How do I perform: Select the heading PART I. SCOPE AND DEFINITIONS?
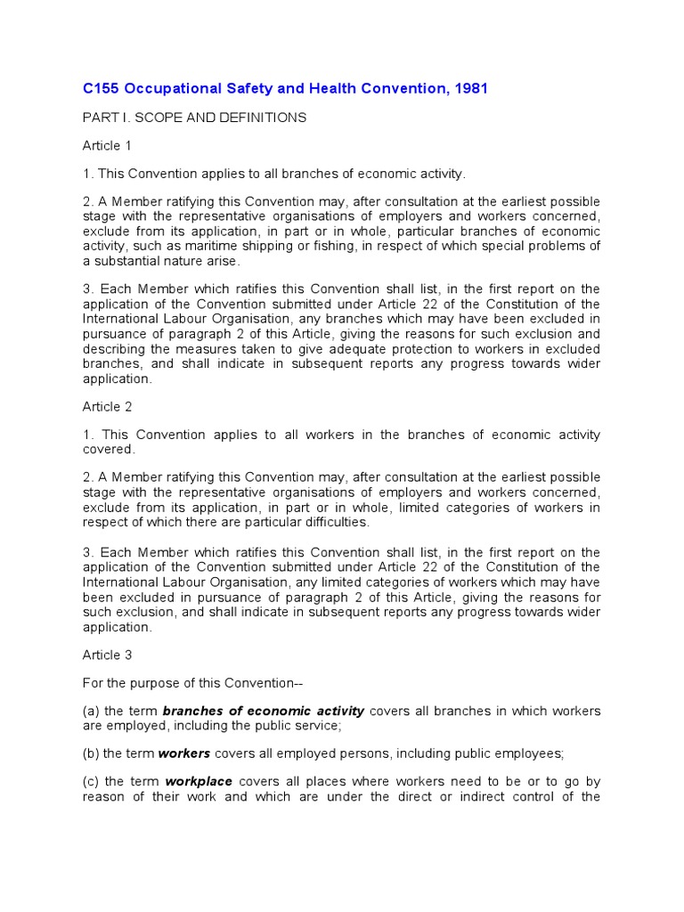[194, 118]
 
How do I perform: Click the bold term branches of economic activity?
[263, 711]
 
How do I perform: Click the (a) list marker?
[91, 711]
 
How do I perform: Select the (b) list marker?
[91, 753]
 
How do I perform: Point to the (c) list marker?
[91, 782]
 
